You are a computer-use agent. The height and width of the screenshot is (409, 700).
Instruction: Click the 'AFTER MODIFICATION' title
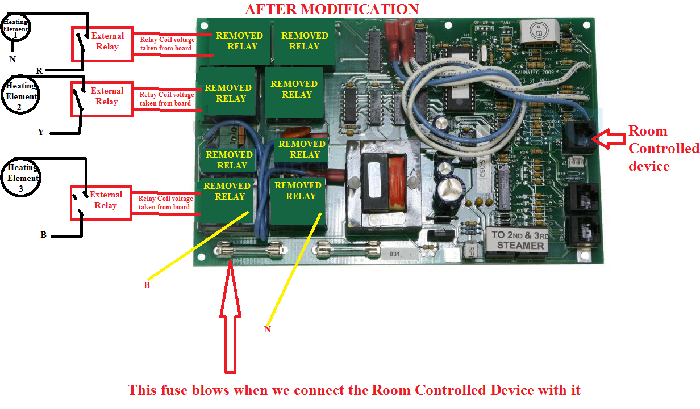point(332,9)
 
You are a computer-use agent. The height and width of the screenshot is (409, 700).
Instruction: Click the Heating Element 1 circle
point(15,28)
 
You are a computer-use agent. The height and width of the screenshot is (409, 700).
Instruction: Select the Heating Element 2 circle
point(21,95)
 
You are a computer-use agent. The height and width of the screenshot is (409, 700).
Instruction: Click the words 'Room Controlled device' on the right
point(663,148)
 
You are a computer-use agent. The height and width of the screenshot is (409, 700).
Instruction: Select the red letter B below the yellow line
point(147,285)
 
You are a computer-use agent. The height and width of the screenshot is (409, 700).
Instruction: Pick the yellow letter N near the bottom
point(268,329)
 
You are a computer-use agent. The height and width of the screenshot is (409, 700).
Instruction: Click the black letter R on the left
point(39,71)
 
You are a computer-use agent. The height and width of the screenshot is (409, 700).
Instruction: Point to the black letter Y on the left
point(40,132)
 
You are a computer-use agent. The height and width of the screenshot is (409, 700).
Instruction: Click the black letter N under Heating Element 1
point(12,59)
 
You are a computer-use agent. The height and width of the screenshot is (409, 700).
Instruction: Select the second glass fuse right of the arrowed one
point(348,248)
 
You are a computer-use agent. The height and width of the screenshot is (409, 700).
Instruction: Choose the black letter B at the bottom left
point(43,234)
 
